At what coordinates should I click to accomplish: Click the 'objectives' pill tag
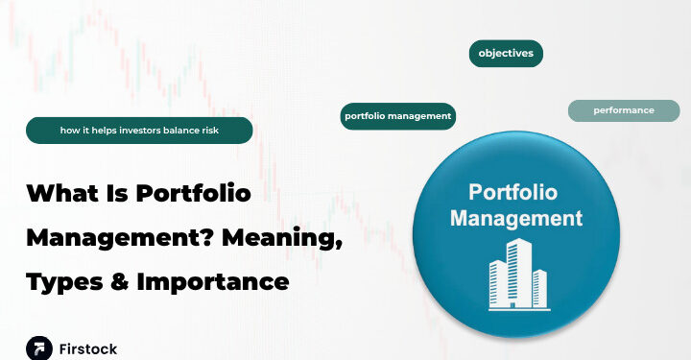click(506, 53)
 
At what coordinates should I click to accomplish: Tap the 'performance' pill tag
click(624, 110)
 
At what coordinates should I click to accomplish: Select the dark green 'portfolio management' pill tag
click(397, 116)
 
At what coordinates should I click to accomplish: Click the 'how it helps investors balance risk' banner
click(139, 131)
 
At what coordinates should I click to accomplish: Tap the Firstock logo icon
click(38, 348)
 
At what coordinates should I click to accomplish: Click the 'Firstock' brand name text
click(88, 348)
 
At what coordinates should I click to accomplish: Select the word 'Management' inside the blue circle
click(516, 218)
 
